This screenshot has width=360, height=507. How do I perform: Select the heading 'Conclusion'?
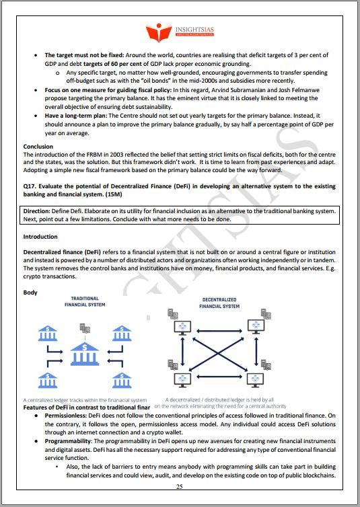pyautogui.click(x=38, y=147)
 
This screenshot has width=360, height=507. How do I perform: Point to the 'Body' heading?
pyautogui.click(x=30, y=292)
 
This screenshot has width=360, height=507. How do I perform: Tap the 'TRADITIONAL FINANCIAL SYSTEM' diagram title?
pyautogui.click(x=85, y=301)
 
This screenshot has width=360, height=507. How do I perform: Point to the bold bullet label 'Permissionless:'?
pyautogui.click(x=67, y=417)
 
